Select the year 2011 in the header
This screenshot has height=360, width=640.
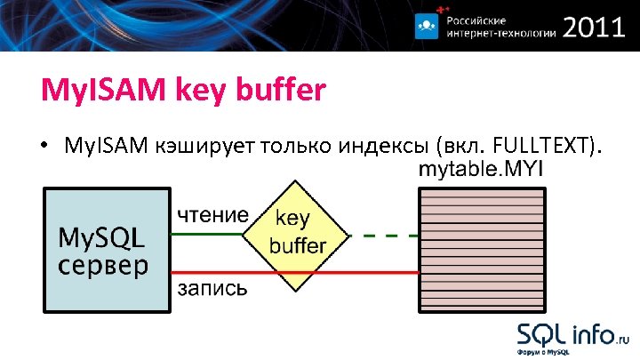point(594,28)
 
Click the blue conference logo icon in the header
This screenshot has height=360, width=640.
point(428,27)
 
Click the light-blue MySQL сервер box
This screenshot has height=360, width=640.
point(106,249)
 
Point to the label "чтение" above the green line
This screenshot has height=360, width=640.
point(212,214)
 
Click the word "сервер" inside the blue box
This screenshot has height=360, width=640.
point(103,265)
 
